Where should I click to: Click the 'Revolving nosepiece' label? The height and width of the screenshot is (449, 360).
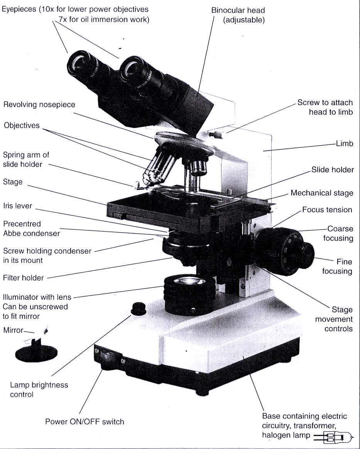39,105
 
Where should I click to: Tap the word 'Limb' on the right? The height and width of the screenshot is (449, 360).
345,144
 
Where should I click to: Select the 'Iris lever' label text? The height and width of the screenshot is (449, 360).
18,206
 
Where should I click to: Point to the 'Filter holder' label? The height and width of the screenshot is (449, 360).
23,278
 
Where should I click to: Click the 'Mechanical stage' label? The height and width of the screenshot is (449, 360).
322,193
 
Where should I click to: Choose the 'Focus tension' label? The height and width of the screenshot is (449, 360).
327,210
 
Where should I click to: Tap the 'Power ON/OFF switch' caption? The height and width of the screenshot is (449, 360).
85,421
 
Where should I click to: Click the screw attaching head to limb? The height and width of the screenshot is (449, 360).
218,135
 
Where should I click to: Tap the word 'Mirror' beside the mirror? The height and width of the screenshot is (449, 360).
13,330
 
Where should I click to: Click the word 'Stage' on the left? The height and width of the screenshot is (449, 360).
13,181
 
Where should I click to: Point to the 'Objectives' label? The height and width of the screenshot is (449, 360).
22,125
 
